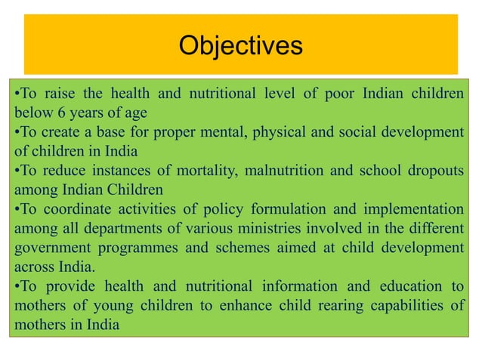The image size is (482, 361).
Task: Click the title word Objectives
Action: pos(240,46)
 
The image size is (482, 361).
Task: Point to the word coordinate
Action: pos(69,209)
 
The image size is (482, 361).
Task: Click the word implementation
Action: pos(415,209)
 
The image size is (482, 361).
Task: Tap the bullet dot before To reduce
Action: pos(17,171)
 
